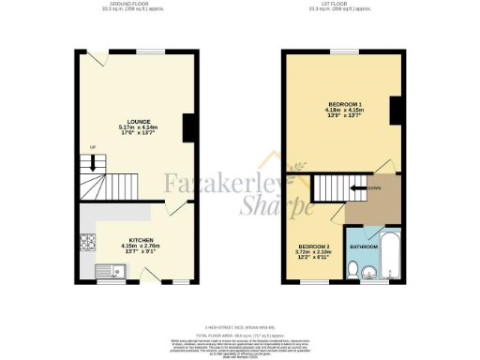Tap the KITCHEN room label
[141, 239]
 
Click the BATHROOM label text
[364, 247]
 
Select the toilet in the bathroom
[352, 271]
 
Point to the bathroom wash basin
[371, 274]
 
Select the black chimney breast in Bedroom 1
[397, 112]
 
